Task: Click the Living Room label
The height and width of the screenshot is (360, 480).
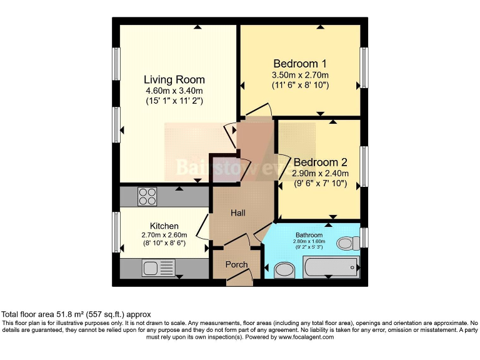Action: click(174, 79)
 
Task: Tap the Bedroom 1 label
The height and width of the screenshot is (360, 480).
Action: click(300, 64)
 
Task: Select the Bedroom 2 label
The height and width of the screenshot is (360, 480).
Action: click(320, 159)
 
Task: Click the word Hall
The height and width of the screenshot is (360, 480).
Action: click(237, 213)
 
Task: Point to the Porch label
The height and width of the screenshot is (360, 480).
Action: click(236, 264)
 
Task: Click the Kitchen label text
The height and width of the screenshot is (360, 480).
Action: click(164, 226)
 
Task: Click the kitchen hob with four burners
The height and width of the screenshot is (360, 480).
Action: click(147, 197)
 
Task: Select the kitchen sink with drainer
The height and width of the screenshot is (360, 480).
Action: click(158, 269)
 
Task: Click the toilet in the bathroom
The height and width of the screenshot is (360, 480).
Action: click(346, 242)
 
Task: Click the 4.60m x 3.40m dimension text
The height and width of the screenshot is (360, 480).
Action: click(174, 90)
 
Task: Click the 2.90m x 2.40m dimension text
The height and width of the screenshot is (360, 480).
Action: click(320, 174)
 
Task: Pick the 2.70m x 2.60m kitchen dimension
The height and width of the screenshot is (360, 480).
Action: click(164, 235)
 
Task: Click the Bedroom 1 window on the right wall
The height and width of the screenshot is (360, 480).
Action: click(364, 66)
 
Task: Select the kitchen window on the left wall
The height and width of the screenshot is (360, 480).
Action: click(116, 232)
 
